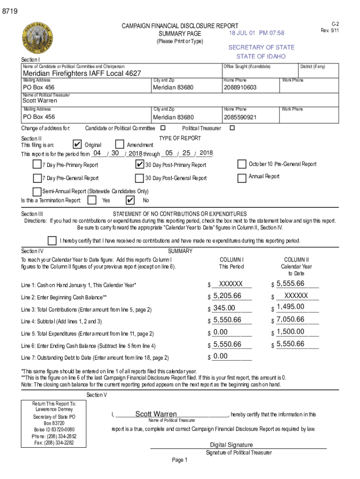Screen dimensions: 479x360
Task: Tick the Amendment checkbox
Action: click(120, 145)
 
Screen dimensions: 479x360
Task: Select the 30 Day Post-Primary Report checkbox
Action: click(139, 164)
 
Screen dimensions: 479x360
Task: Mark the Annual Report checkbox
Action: click(242, 178)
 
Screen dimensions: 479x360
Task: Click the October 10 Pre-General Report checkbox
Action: click(242, 164)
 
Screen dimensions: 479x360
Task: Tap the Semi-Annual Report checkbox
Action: click(37, 191)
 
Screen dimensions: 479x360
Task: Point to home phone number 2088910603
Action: click(240, 87)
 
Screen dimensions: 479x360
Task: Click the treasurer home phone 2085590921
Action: click(240, 117)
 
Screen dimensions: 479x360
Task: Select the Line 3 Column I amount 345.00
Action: click(224, 308)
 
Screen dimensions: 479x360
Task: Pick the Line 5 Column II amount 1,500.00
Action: click(290, 332)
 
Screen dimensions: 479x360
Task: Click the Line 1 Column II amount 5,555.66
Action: click(290, 283)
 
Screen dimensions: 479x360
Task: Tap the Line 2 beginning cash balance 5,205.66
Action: click(227, 296)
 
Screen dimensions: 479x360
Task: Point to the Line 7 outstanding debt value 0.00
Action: click(220, 356)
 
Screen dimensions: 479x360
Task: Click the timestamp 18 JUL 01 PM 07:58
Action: click(256, 33)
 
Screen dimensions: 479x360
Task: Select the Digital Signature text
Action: click(231, 445)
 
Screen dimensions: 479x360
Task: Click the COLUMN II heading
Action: click(296, 260)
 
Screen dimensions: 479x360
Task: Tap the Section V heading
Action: click(97, 395)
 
